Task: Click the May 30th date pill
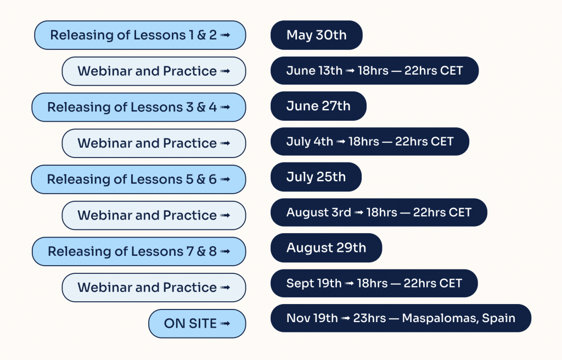tap(317, 35)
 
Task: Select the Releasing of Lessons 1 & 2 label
tap(140, 35)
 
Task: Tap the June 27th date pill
tap(318, 106)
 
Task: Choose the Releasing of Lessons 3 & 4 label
tap(139, 107)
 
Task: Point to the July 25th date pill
tap(316, 177)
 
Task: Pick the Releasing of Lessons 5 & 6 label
tap(138, 179)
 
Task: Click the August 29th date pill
tap(326, 248)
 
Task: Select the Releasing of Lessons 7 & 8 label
tap(139, 251)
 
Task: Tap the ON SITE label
tap(197, 323)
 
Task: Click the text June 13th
tap(314, 71)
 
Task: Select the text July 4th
tap(310, 142)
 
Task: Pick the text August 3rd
tap(319, 212)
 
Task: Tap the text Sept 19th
tap(314, 284)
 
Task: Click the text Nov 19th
tap(312, 318)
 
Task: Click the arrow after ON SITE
tap(225, 323)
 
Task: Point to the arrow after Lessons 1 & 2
tap(225, 35)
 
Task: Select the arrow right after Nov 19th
tap(346, 318)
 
